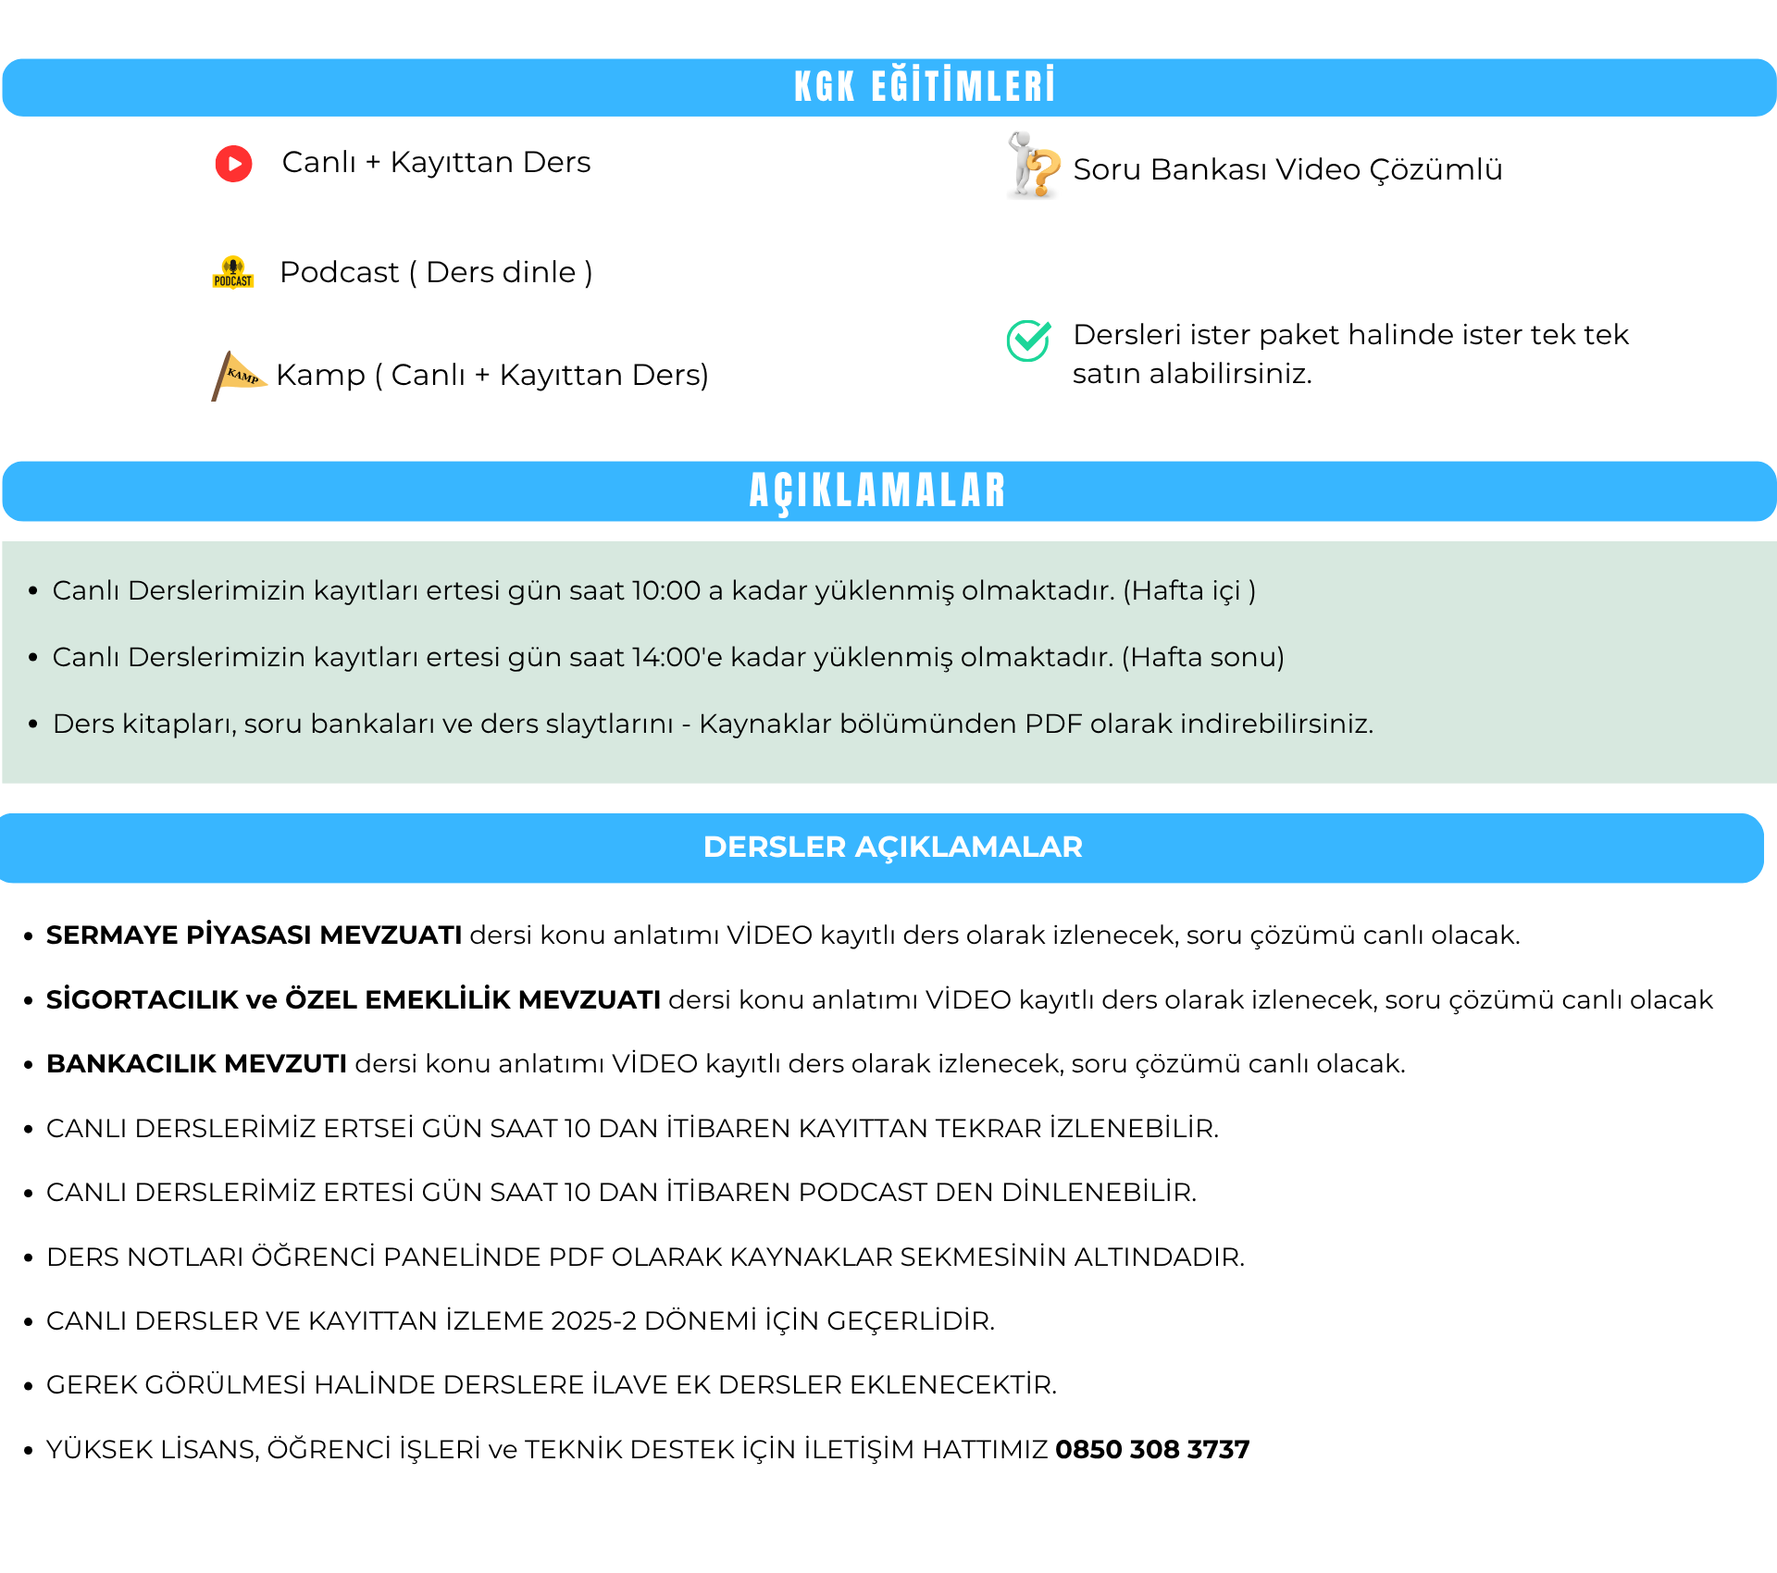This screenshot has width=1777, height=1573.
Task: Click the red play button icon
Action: coord(233,164)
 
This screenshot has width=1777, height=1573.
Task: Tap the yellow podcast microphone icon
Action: coord(233,272)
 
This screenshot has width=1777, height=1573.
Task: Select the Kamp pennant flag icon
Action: coord(238,375)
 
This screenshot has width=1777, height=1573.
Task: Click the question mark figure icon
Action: coord(1033,167)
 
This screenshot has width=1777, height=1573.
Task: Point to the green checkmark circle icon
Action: coord(1028,341)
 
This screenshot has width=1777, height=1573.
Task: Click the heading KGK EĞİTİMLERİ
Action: coord(924,87)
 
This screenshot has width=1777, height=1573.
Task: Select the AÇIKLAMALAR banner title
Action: coord(877,490)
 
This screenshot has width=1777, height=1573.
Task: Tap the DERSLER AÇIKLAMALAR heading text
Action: coord(892,847)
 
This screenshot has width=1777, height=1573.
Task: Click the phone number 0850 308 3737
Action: coord(1152,1449)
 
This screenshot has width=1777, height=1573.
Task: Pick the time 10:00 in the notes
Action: coord(666,590)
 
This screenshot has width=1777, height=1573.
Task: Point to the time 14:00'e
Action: coord(677,657)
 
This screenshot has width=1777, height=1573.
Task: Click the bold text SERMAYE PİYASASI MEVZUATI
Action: coord(255,935)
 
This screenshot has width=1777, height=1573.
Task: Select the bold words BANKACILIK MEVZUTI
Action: coord(197,1063)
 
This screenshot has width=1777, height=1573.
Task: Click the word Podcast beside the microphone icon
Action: coord(339,272)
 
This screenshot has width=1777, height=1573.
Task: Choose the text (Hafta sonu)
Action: coord(1203,657)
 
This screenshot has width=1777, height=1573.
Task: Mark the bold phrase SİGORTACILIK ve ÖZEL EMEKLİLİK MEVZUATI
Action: coord(354,999)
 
